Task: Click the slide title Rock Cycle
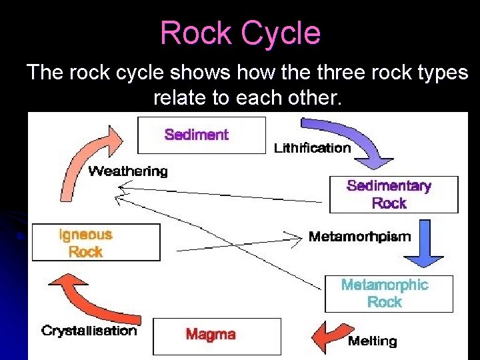(240, 33)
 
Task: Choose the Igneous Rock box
(96, 243)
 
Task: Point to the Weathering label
(128, 171)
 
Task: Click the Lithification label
(312, 148)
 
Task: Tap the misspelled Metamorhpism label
(359, 237)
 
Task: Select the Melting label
(372, 341)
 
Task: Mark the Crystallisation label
(89, 330)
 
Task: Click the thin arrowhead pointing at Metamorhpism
(293, 237)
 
